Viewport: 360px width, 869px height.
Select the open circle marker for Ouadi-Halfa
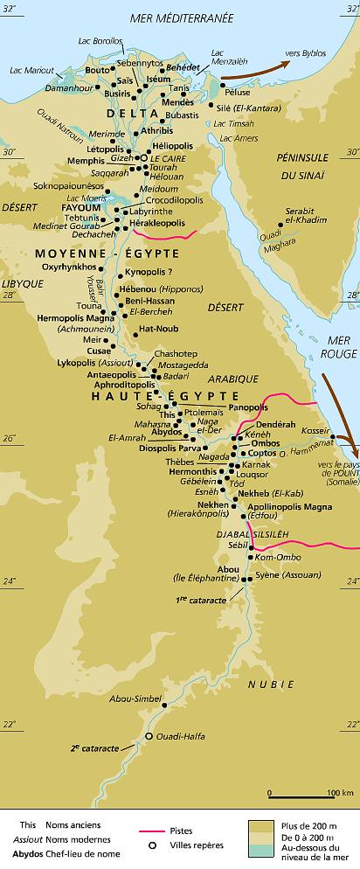(149, 736)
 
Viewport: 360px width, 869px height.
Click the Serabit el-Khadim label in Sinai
(304, 217)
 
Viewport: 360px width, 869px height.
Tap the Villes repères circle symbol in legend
(151, 845)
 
